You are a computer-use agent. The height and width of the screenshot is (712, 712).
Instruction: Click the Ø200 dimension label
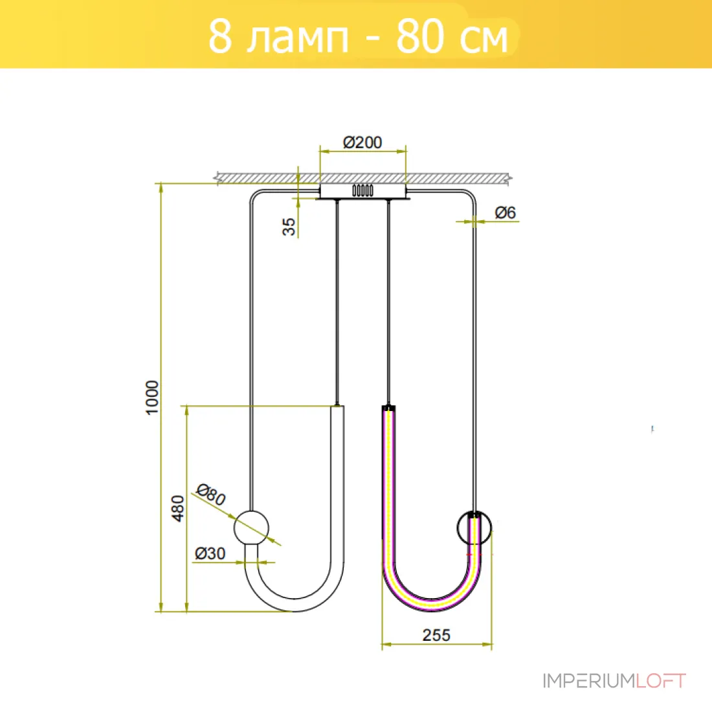tap(362, 142)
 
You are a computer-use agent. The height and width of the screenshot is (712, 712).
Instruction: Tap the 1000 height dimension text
tap(152, 397)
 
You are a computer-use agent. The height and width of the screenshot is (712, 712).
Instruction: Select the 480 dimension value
tap(177, 508)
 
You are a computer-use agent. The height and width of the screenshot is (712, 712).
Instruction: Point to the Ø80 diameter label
tap(211, 495)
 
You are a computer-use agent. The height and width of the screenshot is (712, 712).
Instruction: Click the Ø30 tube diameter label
tap(210, 553)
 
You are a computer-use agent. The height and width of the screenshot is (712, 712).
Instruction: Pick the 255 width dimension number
tap(436, 635)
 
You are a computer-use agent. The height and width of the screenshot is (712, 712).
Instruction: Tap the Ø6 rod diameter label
tap(506, 212)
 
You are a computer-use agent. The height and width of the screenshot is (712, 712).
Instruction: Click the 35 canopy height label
tap(289, 227)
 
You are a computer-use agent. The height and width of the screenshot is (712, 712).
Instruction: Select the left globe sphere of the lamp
tap(251, 528)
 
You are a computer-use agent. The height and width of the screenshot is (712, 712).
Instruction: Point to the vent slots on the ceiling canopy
tap(363, 190)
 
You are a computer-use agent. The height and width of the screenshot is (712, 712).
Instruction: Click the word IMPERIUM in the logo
tap(588, 681)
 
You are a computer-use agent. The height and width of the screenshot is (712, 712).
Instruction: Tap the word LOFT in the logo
tap(660, 681)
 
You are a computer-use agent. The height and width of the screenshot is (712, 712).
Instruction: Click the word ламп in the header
tap(298, 37)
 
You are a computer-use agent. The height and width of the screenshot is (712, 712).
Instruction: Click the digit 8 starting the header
tap(220, 36)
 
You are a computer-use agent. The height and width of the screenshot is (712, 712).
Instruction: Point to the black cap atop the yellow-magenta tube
tap(388, 408)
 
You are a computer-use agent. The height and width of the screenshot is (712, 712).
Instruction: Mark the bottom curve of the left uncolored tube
tap(295, 605)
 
